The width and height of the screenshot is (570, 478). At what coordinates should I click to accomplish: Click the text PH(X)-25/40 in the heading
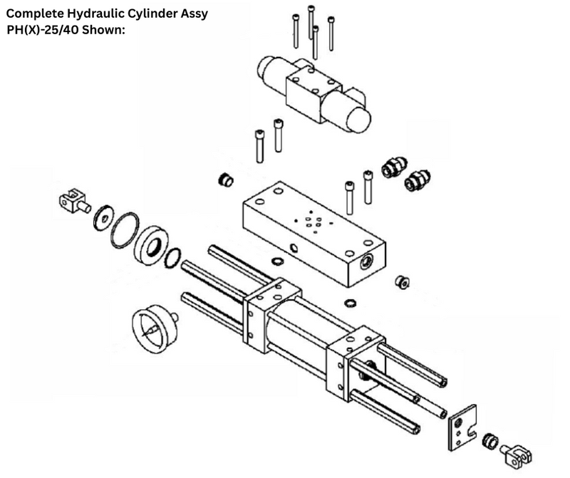pos(43,31)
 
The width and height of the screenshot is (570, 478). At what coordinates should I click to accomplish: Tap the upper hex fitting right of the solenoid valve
pos(392,168)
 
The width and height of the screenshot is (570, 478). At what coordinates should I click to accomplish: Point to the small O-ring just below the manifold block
pos(351,302)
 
